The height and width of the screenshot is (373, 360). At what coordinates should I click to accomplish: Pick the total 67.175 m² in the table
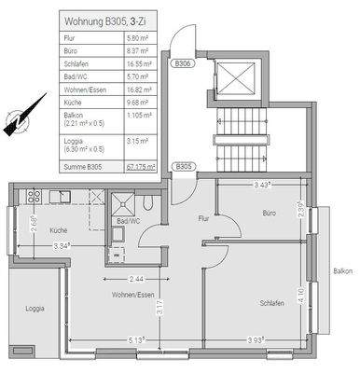click(x=138, y=167)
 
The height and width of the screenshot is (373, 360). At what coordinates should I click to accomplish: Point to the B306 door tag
click(x=183, y=64)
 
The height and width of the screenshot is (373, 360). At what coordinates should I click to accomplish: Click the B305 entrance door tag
click(x=183, y=167)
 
